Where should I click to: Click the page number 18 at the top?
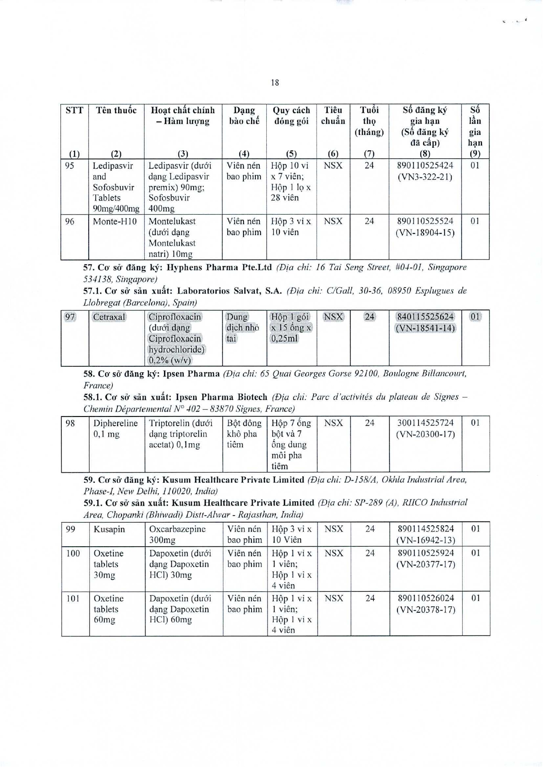[275, 83]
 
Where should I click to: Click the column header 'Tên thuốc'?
[116, 110]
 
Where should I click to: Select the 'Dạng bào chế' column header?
[244, 115]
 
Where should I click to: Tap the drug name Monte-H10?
[115, 222]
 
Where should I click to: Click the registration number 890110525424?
[425, 166]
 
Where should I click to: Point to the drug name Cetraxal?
[109, 317]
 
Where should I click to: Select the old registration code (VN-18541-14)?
[425, 328]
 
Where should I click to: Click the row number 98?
[70, 423]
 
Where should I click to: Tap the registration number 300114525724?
[425, 423]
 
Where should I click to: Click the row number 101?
[73, 598]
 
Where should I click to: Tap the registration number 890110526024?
[426, 598]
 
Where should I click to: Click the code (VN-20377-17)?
[426, 564]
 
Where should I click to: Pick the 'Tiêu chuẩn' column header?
[333, 115]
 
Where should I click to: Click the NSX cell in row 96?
[333, 222]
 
